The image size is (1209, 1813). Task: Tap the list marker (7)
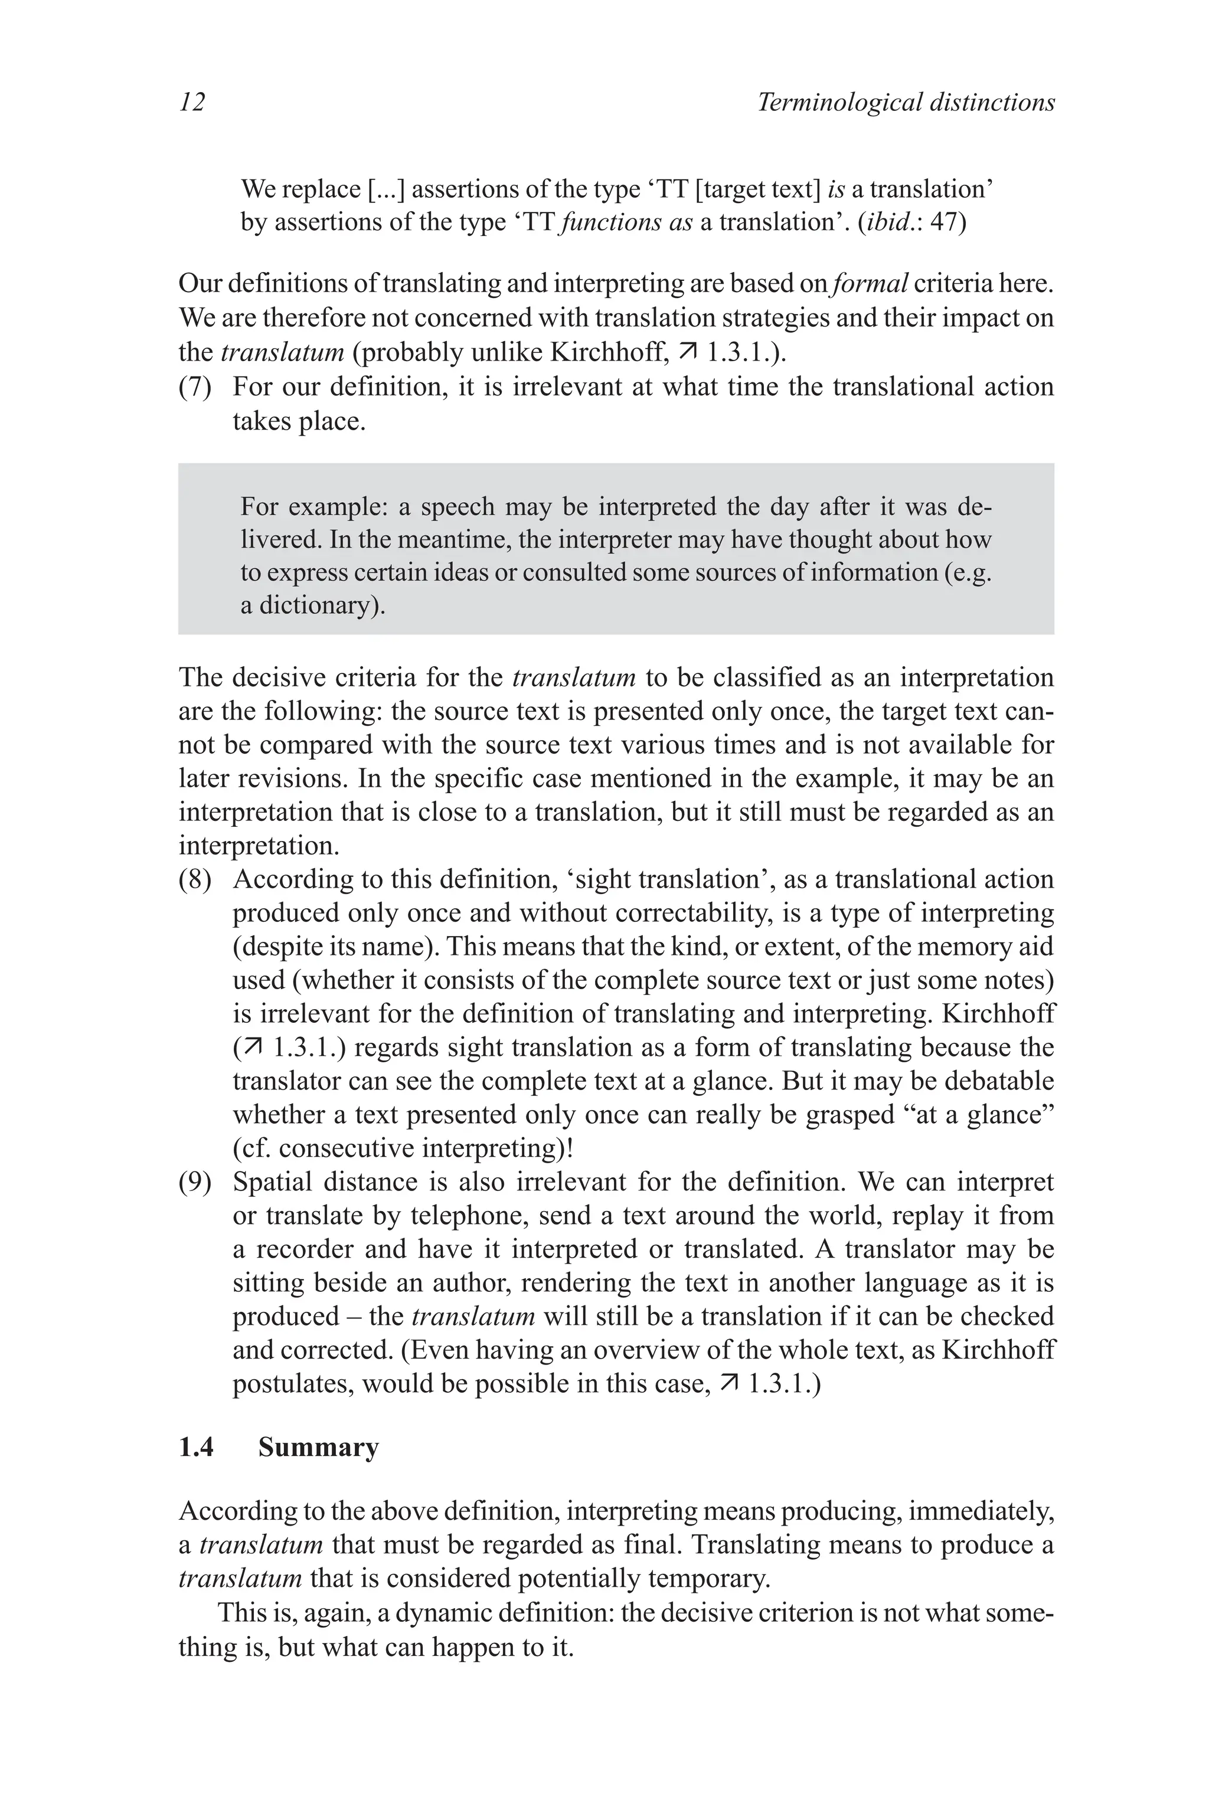[195, 386]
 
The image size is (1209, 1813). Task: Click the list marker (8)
[195, 879]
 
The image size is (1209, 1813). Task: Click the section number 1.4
[196, 1448]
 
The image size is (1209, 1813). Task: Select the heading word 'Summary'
[318, 1448]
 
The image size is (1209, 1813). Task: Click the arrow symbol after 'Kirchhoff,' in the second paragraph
[688, 352]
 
